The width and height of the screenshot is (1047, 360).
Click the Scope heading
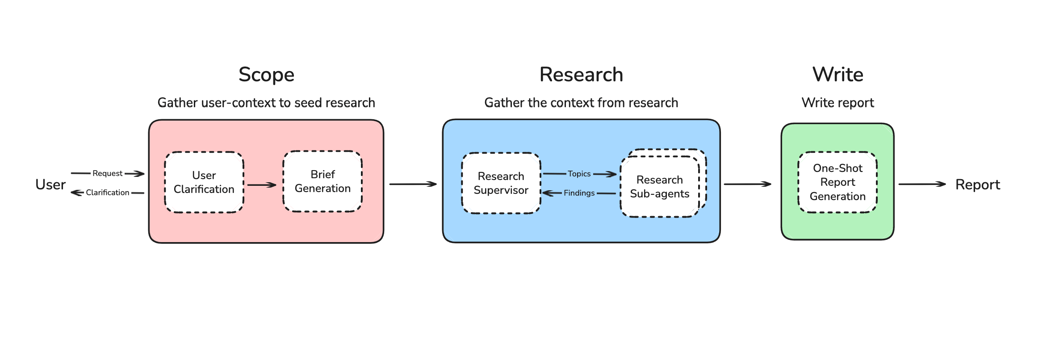266,75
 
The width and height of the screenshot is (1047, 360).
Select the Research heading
581,75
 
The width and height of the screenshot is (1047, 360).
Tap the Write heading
838,75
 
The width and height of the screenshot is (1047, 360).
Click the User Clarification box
204,182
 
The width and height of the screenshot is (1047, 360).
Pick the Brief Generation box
322,181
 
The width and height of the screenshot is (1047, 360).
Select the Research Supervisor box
501,183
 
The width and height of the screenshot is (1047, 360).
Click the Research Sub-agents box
659,187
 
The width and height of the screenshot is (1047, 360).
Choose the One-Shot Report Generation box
838,182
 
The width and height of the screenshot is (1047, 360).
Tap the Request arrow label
107,173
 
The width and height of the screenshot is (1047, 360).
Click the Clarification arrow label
107,193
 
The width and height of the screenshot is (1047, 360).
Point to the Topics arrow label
579,174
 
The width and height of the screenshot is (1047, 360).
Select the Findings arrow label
579,193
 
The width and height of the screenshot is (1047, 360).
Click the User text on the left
50,184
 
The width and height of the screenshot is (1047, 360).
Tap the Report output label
977,184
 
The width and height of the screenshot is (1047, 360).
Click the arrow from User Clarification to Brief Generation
262,184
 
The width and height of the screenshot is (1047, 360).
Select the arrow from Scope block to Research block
413,184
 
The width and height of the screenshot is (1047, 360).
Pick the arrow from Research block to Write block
747,184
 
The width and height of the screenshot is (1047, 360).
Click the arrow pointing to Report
922,184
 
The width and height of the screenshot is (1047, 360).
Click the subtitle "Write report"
838,103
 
